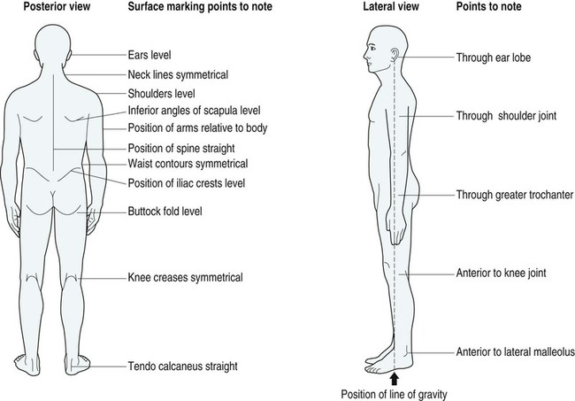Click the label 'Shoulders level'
click(161, 93)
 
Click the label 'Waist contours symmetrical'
click(187, 164)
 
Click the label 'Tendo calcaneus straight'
click(183, 365)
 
